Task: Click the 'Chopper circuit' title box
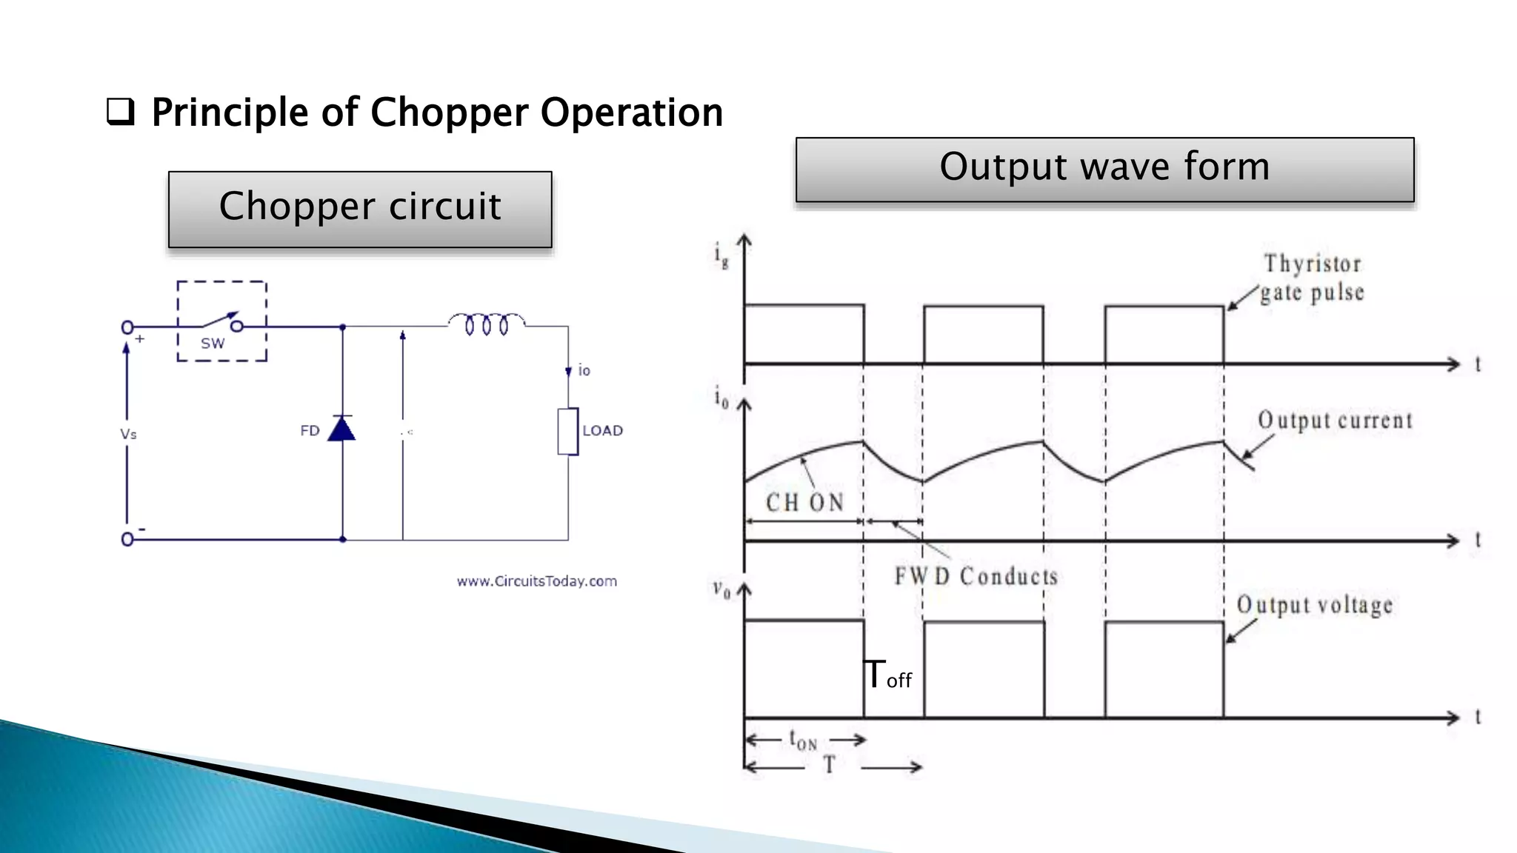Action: [360, 208]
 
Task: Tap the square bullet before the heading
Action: [121, 112]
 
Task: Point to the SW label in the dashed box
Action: [213, 344]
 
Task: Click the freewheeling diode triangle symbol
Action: [341, 429]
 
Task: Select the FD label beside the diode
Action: [310, 431]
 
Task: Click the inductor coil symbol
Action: [486, 324]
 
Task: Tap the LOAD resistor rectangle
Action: [568, 431]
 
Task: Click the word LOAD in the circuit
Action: [602, 431]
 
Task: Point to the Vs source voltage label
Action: [128, 434]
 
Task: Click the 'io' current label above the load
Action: [584, 370]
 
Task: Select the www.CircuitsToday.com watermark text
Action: [536, 581]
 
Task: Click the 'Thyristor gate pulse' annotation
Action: [1312, 278]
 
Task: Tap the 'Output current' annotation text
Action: [1335, 421]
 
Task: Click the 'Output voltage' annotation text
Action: [1315, 605]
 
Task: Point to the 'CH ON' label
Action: [804, 503]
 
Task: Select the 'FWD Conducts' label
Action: [976, 576]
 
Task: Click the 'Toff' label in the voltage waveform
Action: [888, 675]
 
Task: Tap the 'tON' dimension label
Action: [803, 740]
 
